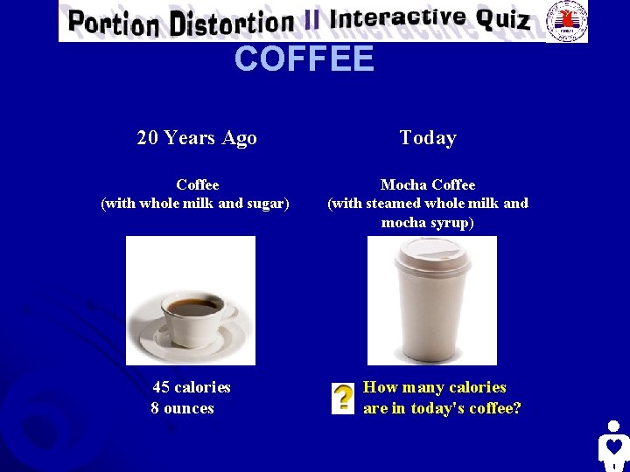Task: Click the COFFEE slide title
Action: pyautogui.click(x=304, y=59)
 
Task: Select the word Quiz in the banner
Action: pyautogui.click(x=503, y=19)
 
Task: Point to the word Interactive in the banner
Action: pyautogui.click(x=397, y=19)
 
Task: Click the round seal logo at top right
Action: pyautogui.click(x=566, y=20)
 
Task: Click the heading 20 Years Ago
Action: pyautogui.click(x=197, y=137)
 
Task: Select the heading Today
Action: pyautogui.click(x=428, y=137)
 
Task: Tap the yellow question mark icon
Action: pyautogui.click(x=343, y=398)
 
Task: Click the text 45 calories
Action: pyautogui.click(x=192, y=387)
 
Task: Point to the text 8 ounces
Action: pyautogui.click(x=182, y=408)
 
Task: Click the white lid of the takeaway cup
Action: pyautogui.click(x=432, y=254)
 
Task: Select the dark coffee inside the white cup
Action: pyautogui.click(x=194, y=307)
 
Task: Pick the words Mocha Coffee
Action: pyautogui.click(x=428, y=184)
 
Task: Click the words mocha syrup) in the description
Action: pyautogui.click(x=428, y=222)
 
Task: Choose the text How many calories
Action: pyautogui.click(x=435, y=387)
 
